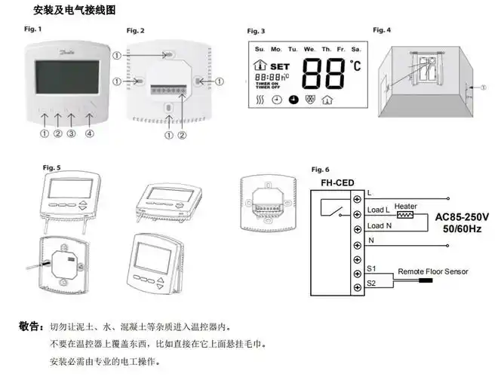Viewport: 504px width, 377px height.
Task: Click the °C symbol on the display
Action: (x=355, y=66)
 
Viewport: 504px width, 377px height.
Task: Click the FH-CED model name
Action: (x=333, y=182)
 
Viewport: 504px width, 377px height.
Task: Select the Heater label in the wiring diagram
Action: (x=406, y=205)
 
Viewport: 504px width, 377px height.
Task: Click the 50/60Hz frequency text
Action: (x=462, y=229)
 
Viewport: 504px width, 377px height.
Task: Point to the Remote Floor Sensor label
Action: (x=433, y=271)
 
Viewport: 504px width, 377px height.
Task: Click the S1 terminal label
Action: (x=371, y=268)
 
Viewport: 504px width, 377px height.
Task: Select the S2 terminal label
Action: (x=371, y=283)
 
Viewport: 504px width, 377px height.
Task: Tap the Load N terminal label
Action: (x=379, y=225)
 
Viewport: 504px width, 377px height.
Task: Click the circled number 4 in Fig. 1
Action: (x=90, y=134)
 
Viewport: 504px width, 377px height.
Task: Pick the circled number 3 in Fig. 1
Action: (x=72, y=134)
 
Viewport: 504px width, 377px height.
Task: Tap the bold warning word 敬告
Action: (x=31, y=326)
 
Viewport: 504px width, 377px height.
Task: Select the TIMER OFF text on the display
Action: (x=268, y=87)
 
